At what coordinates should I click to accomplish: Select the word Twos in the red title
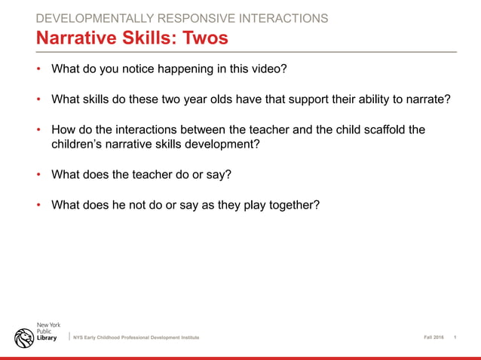pyautogui.click(x=202, y=37)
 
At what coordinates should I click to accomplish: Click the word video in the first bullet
pyautogui.click(x=268, y=69)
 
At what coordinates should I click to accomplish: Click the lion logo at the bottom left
pyautogui.click(x=23, y=337)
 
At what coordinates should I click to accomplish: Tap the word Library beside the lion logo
pyautogui.click(x=47, y=338)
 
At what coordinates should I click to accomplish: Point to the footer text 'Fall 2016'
pyautogui.click(x=434, y=337)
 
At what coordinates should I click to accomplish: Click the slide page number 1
pyautogui.click(x=455, y=337)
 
